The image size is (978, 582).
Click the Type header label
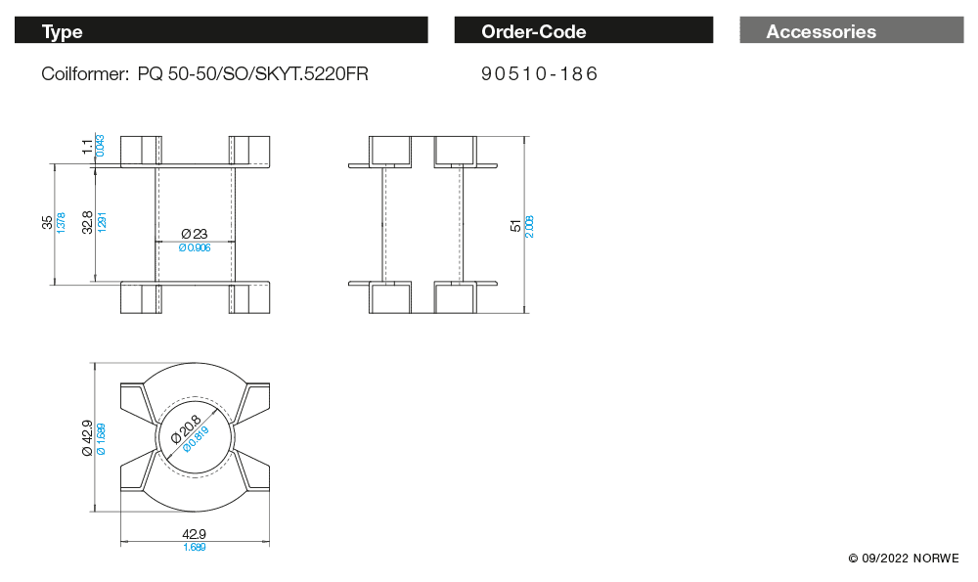pos(63,32)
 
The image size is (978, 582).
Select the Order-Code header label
pos(534,32)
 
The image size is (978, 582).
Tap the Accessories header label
pos(822,32)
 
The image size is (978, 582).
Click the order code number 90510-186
pos(539,74)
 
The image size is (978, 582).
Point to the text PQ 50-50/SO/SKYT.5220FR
pos(253,74)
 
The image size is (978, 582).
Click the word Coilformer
pos(83,74)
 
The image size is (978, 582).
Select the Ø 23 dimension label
pos(195,234)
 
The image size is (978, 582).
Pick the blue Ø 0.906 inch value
pos(195,248)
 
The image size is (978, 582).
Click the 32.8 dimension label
pos(88,222)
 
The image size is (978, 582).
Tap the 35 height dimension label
pos(48,222)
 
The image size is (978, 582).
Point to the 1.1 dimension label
pos(88,147)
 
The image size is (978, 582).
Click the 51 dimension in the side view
pos(516,225)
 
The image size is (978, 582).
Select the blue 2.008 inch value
pos(529,226)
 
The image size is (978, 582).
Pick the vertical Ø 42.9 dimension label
pos(87,438)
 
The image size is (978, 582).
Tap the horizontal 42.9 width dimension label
pos(194,534)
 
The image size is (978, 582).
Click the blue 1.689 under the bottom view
pos(194,547)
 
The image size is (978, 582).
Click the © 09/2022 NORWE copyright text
pos(904,558)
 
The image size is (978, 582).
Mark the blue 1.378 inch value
pos(61,222)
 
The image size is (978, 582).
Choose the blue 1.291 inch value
pos(102,222)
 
